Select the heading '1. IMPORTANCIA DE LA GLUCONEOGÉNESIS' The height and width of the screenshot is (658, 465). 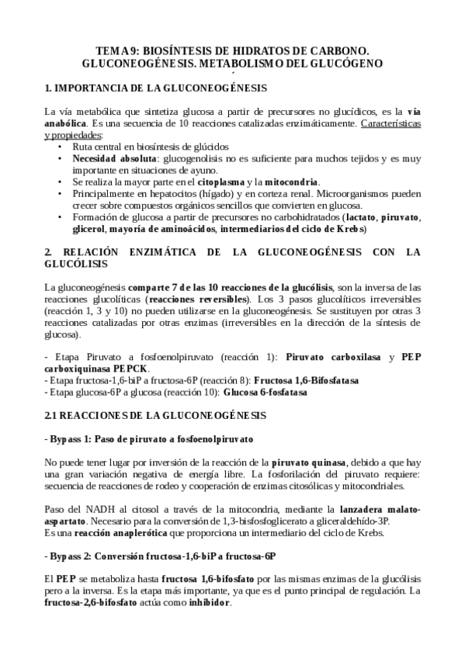(155, 87)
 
